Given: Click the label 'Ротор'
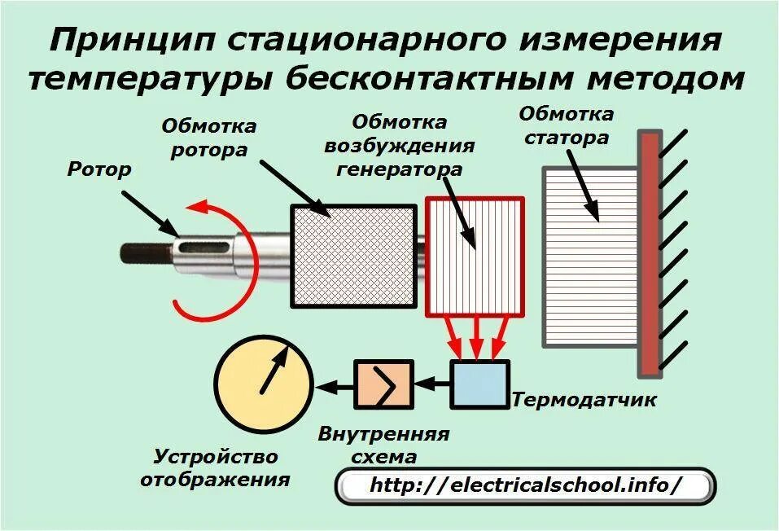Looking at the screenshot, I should pos(99,169).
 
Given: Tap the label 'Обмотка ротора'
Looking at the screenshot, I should pos(209,138).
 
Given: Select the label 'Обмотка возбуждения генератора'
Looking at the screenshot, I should pos(399,146).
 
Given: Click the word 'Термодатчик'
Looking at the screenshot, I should pos(584,400).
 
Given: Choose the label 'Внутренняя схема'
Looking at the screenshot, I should pos(383,444).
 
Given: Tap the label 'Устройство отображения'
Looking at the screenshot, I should pos(215,467).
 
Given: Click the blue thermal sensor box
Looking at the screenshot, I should pos(479,384).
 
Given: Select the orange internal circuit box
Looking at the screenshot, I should pos(383,384).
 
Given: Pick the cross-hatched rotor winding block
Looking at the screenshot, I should pos(352,256).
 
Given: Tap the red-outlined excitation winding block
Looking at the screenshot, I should pos(475,256).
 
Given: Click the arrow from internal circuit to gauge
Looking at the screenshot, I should pos(335,384).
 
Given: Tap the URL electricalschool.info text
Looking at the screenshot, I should pos(525,485).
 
